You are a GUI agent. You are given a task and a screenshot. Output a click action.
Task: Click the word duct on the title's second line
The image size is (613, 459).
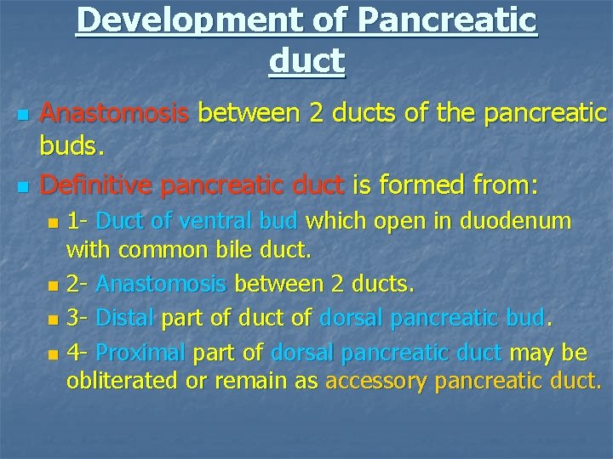click(x=306, y=60)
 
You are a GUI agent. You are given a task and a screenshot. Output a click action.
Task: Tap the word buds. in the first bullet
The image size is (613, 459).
click(x=72, y=148)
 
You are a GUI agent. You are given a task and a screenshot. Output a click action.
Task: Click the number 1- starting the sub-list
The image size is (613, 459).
click(x=78, y=221)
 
